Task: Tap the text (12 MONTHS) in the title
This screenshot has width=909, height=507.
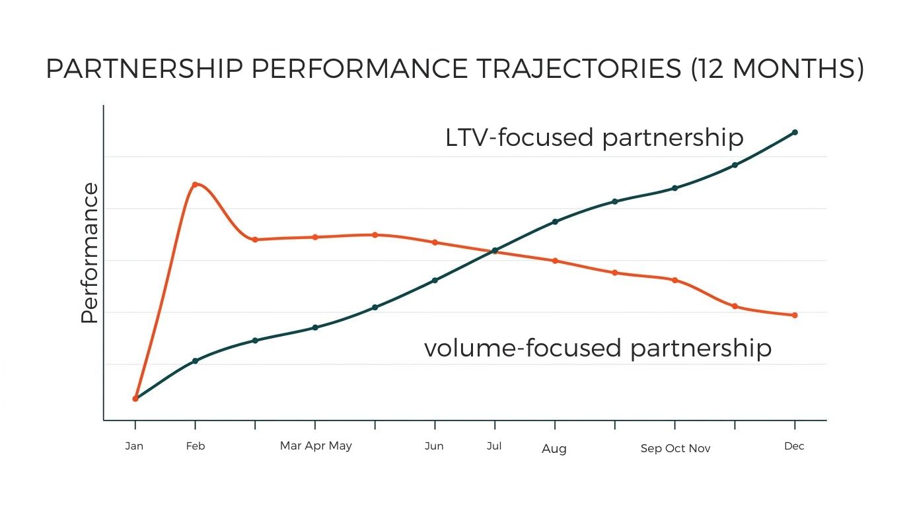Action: coord(776,69)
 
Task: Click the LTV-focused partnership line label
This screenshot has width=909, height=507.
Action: coord(594,138)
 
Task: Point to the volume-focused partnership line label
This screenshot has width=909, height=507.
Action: coord(597,348)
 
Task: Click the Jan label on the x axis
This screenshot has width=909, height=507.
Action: coord(134,446)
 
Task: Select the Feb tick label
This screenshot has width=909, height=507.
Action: coord(196,446)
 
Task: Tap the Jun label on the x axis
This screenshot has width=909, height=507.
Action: coord(434,446)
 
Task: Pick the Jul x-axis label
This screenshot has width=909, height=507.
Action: coord(493,446)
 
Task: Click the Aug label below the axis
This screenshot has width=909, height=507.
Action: coord(554,449)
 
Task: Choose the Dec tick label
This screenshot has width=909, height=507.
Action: coord(794,446)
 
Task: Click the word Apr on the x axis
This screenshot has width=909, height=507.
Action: coord(315,446)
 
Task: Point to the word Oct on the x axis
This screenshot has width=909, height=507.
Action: coord(676,449)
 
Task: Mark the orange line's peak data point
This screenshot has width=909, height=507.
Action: coord(195,184)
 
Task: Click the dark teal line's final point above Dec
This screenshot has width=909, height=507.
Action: coord(795,132)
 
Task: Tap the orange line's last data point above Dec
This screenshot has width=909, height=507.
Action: coord(795,315)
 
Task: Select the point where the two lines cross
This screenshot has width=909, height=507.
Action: coord(494,250)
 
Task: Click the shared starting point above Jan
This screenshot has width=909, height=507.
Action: coord(135,399)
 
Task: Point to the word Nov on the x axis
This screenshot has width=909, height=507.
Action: coord(700,449)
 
